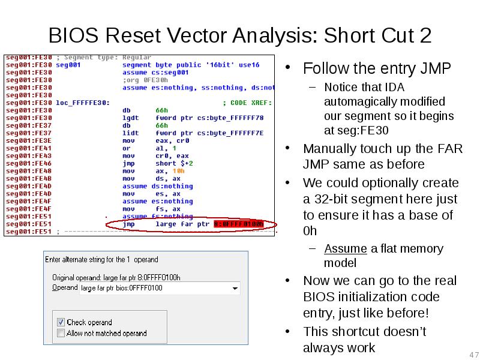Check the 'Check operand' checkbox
pos(61,322)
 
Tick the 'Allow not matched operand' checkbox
pos(61,333)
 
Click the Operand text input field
pos(156,288)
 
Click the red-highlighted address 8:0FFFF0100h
pos(238,224)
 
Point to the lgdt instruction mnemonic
pos(130,118)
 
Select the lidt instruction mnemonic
pos(130,133)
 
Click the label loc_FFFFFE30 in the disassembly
pos(82,103)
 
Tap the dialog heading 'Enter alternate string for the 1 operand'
pos(102,260)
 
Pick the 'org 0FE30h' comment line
pos(145,80)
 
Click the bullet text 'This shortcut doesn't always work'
pos(364,340)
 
